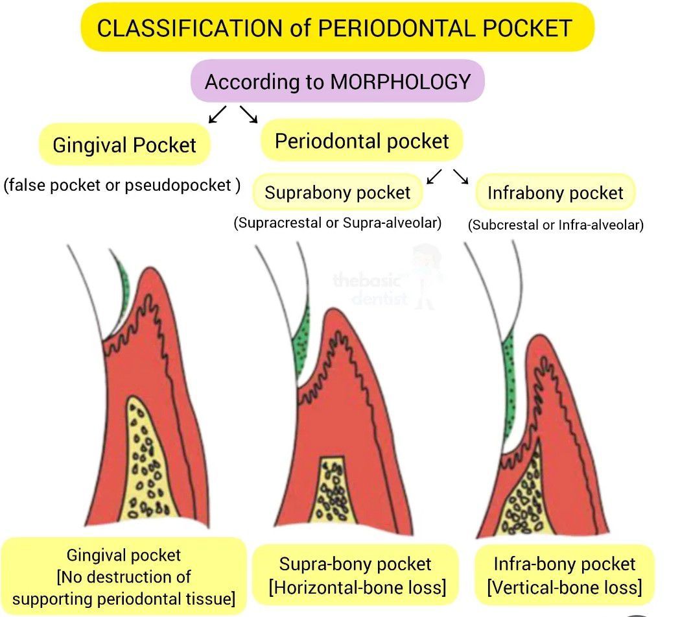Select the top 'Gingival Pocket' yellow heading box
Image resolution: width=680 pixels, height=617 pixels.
coord(124,145)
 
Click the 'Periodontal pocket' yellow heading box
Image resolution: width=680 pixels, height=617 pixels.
coord(362,141)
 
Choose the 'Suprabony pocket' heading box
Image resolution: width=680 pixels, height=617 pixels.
coord(338,193)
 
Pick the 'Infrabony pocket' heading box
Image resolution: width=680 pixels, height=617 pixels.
coord(555,193)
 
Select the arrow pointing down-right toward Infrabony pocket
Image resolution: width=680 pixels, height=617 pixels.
coord(460,175)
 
